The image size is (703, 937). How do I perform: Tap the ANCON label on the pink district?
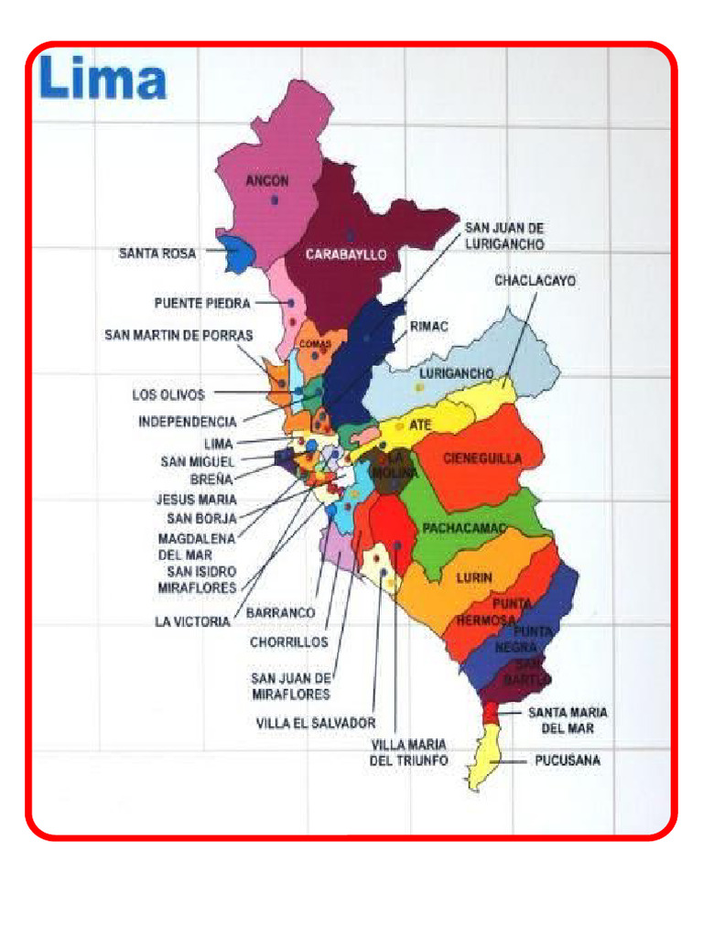tap(267, 181)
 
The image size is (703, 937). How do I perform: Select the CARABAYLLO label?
tap(346, 254)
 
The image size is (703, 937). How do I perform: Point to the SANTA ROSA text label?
tap(157, 253)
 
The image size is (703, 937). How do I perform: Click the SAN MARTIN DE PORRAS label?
tap(178, 336)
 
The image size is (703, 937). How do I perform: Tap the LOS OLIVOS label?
tap(168, 395)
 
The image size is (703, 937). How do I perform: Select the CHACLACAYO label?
tap(535, 281)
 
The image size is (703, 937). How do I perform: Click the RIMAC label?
tap(428, 326)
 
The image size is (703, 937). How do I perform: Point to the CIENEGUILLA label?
tap(482, 458)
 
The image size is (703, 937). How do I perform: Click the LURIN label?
tap(474, 577)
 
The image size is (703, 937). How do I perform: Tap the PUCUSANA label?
tap(568, 760)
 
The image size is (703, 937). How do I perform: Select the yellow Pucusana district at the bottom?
tap(485, 755)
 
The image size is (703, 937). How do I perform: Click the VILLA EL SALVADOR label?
tap(316, 722)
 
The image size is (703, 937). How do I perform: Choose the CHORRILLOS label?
tap(288, 642)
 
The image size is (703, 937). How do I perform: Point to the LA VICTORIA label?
tap(192, 621)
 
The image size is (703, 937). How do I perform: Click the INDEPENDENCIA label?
tap(188, 422)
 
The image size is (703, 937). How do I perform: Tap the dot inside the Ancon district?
tap(274, 199)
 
